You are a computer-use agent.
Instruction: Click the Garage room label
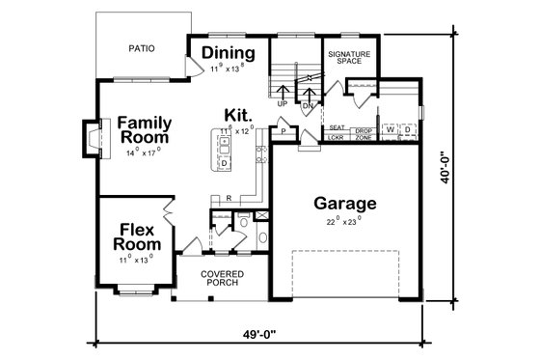(x=344, y=205)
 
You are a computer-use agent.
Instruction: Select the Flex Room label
(x=138, y=236)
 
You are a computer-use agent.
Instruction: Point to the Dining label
(x=229, y=53)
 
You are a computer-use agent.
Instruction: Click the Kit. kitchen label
(x=240, y=113)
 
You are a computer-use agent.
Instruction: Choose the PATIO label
(x=142, y=47)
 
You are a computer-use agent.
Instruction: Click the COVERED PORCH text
(x=222, y=279)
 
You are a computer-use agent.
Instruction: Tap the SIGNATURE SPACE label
(x=346, y=57)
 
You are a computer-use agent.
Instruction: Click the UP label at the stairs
(x=282, y=103)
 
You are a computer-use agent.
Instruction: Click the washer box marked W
(x=391, y=128)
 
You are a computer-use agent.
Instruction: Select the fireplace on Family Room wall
(x=91, y=137)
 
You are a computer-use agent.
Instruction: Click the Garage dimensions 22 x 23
(x=344, y=221)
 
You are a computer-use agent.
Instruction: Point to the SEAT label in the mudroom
(x=337, y=128)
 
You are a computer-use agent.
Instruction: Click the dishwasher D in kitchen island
(x=224, y=163)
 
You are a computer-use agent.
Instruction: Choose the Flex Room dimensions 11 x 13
(x=137, y=260)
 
